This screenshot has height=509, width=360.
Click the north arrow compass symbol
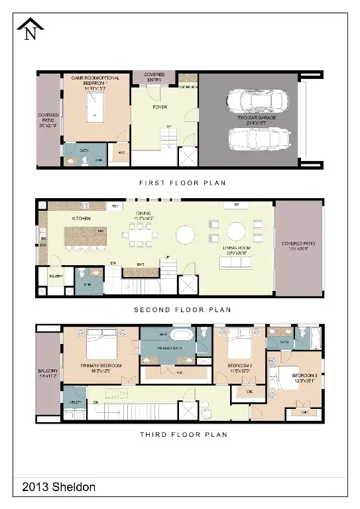[x=30, y=30]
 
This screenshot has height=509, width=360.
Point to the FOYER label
[x=160, y=107]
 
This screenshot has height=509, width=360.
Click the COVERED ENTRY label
[x=154, y=78]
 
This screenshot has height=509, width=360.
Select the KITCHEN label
[x=81, y=218]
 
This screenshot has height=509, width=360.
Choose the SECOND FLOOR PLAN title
[x=182, y=309]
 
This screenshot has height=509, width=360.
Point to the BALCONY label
[x=48, y=373]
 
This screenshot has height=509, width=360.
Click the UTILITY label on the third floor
[x=74, y=402]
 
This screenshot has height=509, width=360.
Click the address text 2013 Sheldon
[x=59, y=487]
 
